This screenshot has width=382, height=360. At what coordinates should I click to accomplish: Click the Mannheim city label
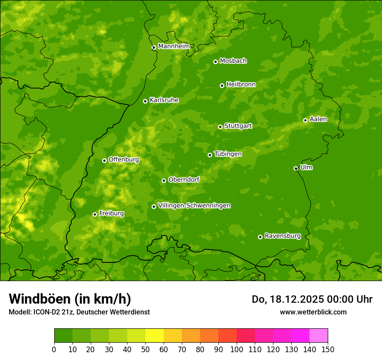pos(174,46)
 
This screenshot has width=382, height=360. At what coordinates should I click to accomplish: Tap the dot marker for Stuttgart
pos(220,127)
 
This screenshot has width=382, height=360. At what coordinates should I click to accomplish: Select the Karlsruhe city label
pos(164,100)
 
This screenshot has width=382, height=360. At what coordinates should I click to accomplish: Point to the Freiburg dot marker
pos(95,214)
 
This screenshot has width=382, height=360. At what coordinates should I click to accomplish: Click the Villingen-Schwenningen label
pos(194,206)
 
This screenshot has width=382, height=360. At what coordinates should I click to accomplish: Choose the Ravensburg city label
pos(282,236)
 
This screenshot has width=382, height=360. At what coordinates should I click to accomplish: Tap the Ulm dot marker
pos(296,168)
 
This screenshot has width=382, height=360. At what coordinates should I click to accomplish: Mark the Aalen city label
pos(318,119)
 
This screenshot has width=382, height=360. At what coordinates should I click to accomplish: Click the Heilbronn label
pos(240,85)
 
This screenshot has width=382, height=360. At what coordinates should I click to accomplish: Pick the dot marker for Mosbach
pos(215,62)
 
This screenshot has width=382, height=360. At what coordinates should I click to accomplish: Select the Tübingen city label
pos(227,154)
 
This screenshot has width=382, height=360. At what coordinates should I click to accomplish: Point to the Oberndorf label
pos(184,180)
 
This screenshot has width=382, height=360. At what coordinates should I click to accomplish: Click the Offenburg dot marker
pos(104,160)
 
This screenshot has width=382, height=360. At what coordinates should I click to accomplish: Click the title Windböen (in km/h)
pos(69,299)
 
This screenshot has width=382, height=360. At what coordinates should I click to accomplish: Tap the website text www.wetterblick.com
pos(313,312)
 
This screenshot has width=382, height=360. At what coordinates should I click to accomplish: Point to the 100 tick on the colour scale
pos(237,349)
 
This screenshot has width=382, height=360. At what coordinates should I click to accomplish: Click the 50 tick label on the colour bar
pos(145,349)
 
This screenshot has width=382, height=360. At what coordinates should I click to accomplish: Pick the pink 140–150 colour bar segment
pos(318,335)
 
